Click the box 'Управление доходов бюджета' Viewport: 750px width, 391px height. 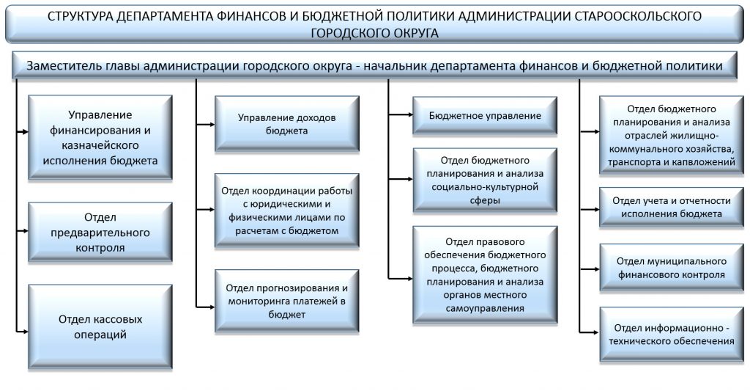(287, 124)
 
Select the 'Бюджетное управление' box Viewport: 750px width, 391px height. (485, 115)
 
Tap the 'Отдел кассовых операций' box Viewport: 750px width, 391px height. (100, 326)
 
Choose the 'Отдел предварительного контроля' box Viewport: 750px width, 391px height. (100, 233)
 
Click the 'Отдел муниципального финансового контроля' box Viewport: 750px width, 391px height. (672, 268)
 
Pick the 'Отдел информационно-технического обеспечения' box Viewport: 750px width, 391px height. (672, 335)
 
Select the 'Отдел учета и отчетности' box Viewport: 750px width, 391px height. (672, 207)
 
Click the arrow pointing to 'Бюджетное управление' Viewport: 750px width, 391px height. (401, 115)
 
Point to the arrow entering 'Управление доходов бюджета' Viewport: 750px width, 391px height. (206, 125)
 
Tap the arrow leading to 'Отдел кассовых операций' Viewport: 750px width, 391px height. (23, 331)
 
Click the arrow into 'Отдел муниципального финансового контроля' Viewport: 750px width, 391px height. (590, 269)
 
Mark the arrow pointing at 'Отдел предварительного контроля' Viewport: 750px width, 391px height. (23, 231)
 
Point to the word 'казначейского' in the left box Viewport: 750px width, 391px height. (100, 146)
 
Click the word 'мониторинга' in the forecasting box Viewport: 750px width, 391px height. (259, 302)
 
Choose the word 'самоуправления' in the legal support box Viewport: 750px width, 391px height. (485, 309)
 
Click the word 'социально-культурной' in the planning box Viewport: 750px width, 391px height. (485, 187)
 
